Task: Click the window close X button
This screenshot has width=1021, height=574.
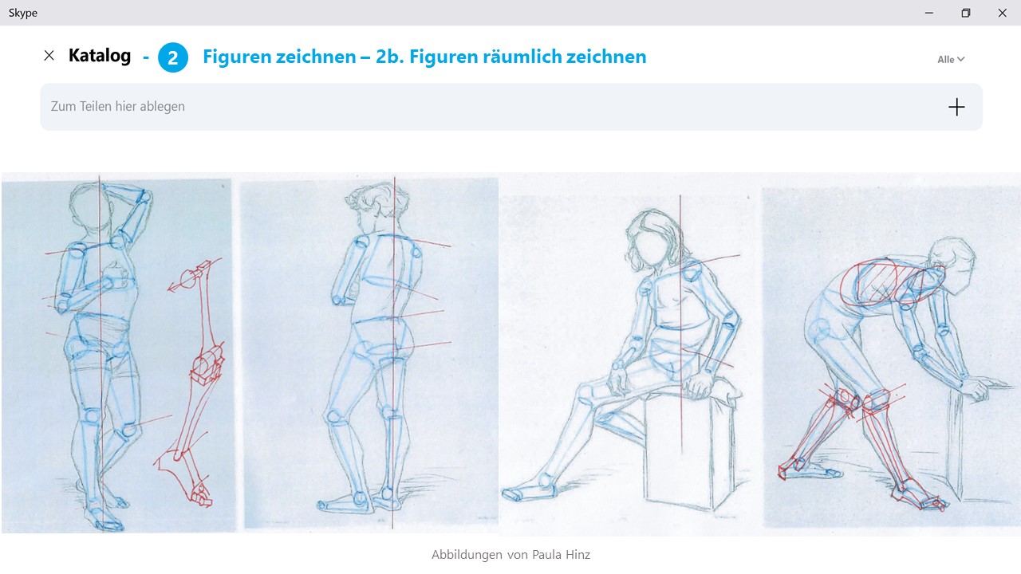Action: point(1002,13)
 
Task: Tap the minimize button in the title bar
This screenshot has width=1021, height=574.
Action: point(929,13)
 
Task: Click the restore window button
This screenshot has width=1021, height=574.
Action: point(965,13)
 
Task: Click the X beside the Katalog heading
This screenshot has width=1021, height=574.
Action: point(49,56)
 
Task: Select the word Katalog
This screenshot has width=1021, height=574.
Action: point(100,56)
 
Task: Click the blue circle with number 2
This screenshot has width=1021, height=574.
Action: point(173,57)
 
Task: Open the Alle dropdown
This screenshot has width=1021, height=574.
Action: point(951,59)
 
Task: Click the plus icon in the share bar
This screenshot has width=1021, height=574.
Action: point(956,107)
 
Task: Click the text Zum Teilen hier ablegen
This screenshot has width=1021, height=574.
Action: point(117,107)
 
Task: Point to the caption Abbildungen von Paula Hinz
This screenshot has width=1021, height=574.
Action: point(510,554)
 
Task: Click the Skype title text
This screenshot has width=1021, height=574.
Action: point(23,13)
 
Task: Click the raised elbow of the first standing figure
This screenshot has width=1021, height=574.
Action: point(145,199)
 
